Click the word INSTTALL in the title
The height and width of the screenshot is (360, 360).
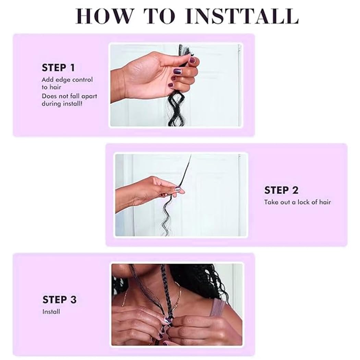click(x=242, y=16)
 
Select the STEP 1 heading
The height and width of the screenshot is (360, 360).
click(x=58, y=68)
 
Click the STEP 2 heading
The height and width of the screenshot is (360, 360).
click(x=281, y=190)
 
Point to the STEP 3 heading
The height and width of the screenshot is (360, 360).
click(x=59, y=300)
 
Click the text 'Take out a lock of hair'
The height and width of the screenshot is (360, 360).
click(x=297, y=202)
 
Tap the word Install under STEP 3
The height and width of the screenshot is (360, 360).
click(x=51, y=312)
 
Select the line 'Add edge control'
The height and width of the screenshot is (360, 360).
click(x=67, y=80)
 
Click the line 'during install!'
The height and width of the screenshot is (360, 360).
click(x=62, y=104)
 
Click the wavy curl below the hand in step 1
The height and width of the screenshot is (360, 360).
click(x=176, y=108)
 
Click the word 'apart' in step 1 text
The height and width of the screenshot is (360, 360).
click(x=89, y=96)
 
